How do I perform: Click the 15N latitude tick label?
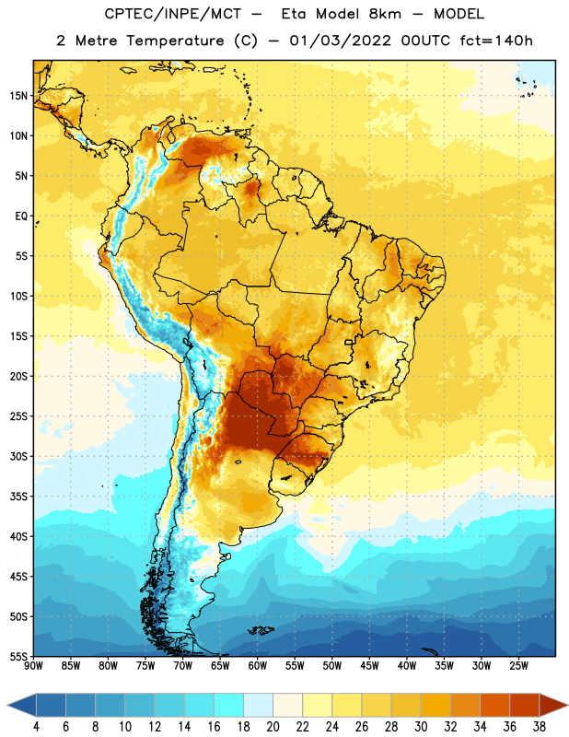(x=18, y=96)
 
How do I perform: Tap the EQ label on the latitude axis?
(x=21, y=216)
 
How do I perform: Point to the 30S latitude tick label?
(x=18, y=456)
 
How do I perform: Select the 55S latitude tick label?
(x=18, y=656)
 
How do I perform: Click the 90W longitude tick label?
(x=33, y=666)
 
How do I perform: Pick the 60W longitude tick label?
(x=258, y=666)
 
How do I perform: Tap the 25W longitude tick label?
(x=518, y=666)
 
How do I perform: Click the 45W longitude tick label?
(x=369, y=666)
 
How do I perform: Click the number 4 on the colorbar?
(x=36, y=727)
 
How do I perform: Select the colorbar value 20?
(x=273, y=727)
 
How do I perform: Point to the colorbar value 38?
(x=539, y=727)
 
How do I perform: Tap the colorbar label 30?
(x=421, y=727)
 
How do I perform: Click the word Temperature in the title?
(x=175, y=41)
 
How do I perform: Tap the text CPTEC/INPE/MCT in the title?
(x=172, y=14)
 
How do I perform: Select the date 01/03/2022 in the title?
(x=340, y=41)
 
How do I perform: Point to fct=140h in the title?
(x=496, y=41)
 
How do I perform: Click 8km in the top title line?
(x=385, y=14)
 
